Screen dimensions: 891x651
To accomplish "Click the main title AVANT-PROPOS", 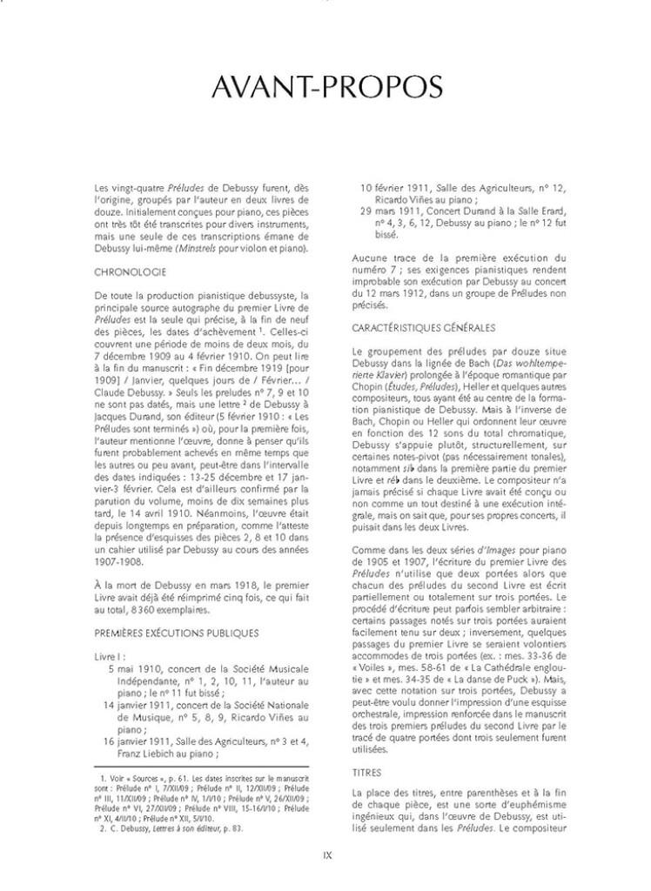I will [x=325, y=88].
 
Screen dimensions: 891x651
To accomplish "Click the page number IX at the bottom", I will [x=326, y=855].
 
